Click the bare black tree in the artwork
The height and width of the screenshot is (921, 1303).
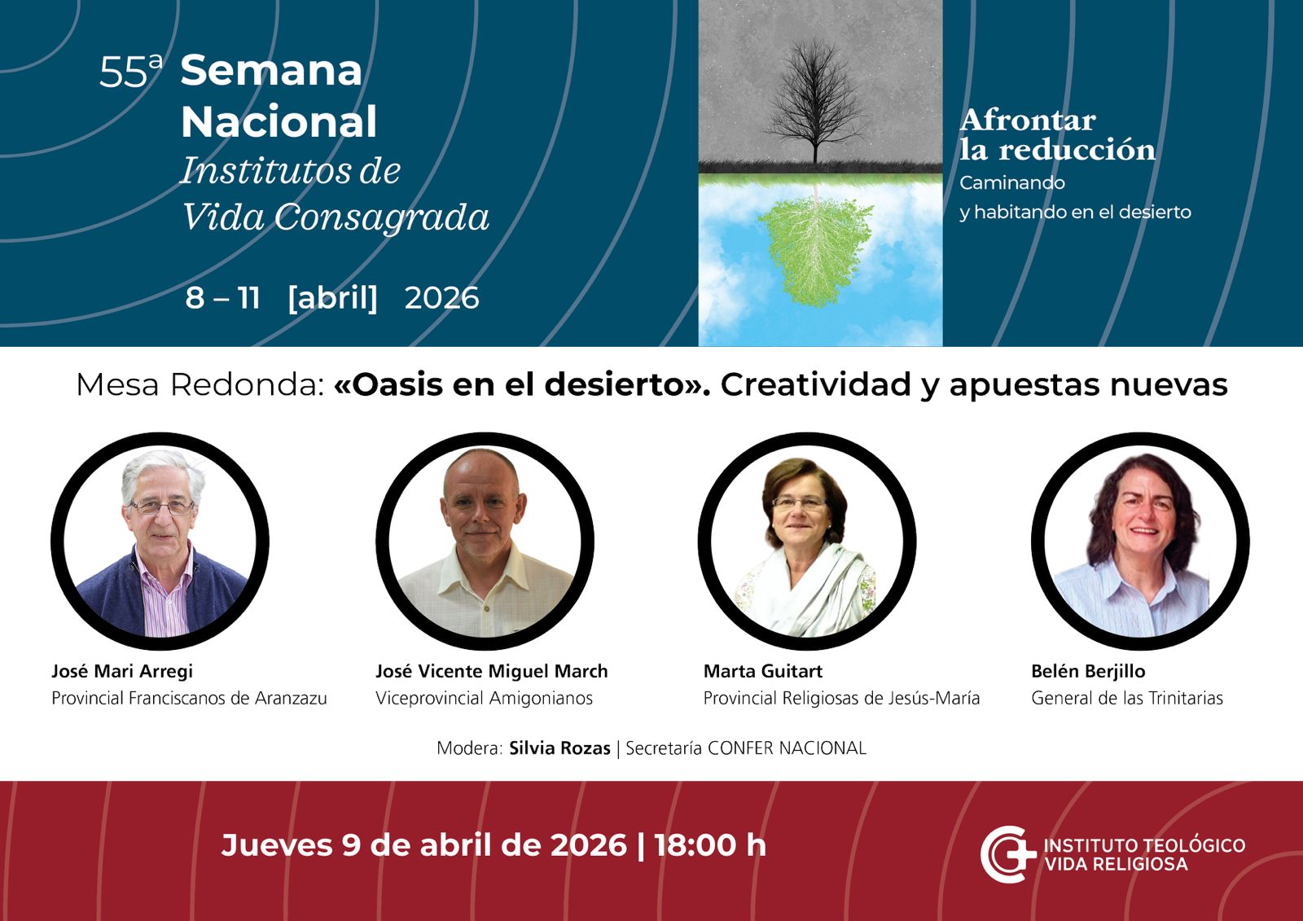[815, 102]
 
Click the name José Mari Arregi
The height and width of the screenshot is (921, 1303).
[122, 671]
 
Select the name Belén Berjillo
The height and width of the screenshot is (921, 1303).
[1088, 671]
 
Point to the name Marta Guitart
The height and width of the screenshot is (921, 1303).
[763, 671]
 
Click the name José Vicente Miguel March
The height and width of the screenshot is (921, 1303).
[492, 671]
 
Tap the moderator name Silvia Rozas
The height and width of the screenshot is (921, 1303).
[559, 748]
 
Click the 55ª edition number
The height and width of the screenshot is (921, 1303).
[131, 71]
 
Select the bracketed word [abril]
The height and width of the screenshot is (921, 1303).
[333, 298]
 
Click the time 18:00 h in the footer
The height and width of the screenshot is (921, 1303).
[710, 844]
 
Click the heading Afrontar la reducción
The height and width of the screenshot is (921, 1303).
[1057, 134]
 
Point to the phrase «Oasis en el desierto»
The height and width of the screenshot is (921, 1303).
[522, 384]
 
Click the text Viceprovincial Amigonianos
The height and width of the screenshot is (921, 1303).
[484, 698]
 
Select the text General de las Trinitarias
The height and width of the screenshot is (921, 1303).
[1127, 698]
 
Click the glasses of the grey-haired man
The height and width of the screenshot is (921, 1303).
[161, 507]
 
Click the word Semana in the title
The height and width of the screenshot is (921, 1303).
[271, 70]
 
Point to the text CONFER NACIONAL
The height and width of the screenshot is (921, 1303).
[787, 748]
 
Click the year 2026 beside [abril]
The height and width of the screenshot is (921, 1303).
[441, 298]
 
